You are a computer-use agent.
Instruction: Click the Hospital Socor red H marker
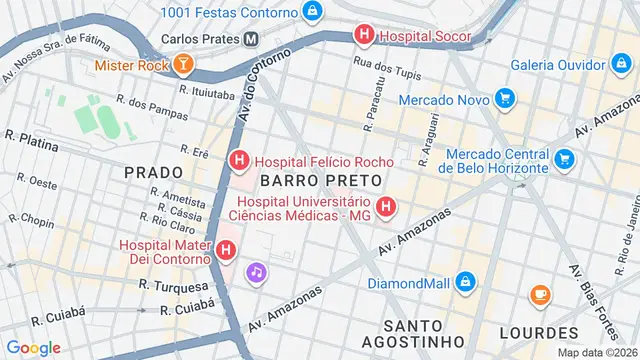pos(364,35)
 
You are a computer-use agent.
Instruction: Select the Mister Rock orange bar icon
pos(183,66)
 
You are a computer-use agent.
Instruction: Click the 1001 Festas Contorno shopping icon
pos(314,12)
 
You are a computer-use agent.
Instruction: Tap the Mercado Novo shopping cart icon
pos(505,100)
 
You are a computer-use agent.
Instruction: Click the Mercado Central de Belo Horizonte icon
pos(564,159)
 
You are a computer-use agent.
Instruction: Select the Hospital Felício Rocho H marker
pos(239,160)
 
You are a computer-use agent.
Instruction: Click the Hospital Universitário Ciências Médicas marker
pos(387,208)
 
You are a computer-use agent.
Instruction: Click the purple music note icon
pos(257,271)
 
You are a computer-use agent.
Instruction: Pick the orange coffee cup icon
pos(540,294)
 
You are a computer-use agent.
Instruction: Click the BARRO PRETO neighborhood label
pos(320,180)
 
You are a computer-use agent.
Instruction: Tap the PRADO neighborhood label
pos(154,173)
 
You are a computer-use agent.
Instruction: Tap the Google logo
pos(32,347)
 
